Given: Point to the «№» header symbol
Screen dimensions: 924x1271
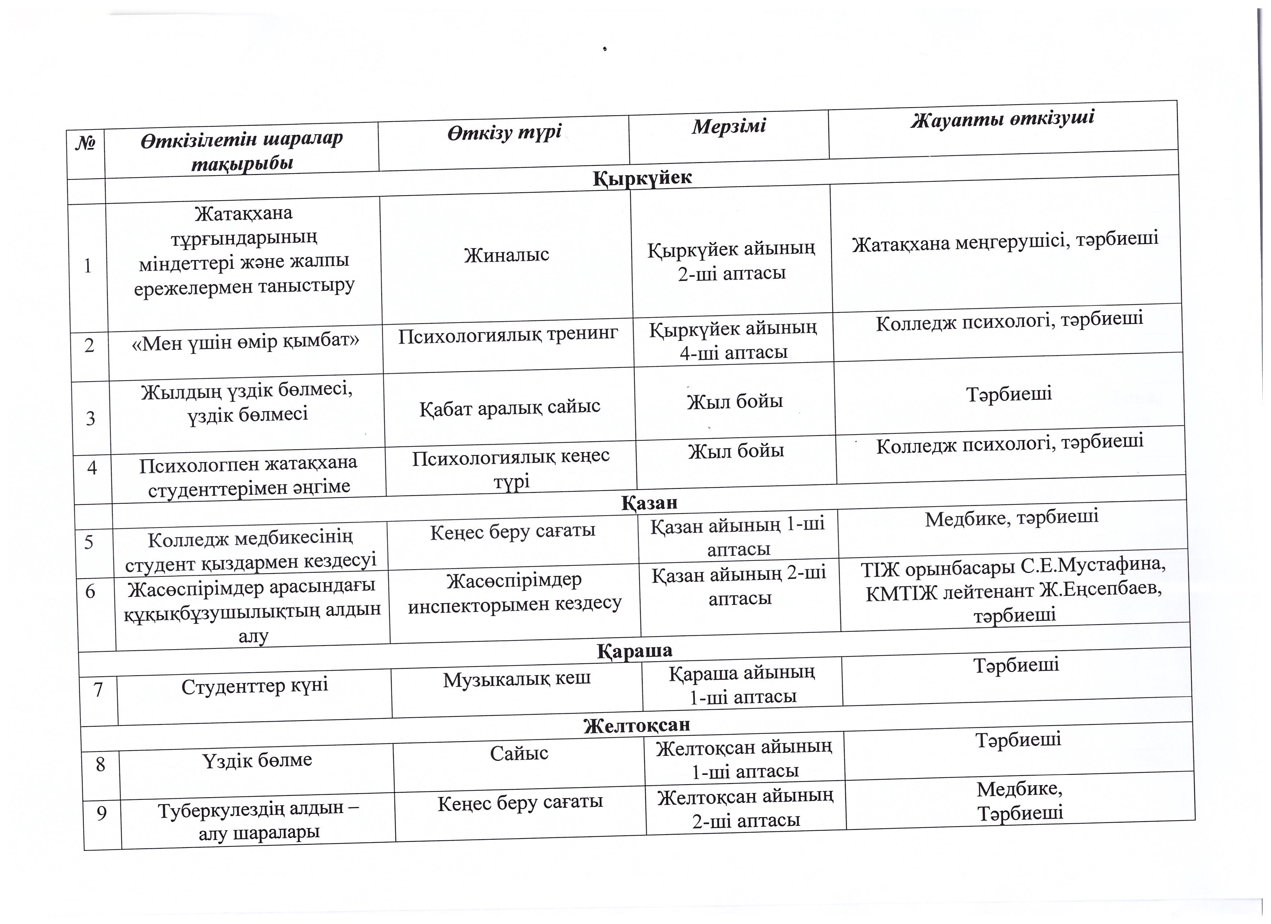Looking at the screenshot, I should [85, 143].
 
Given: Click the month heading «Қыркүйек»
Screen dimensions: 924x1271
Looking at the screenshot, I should [642, 178].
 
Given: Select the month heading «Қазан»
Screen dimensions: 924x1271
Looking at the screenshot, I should [649, 503].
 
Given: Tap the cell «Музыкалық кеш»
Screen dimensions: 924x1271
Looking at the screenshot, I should [517, 680].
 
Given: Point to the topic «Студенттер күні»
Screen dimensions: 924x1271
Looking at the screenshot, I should [255, 686].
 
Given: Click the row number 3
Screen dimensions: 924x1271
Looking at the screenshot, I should [90, 419].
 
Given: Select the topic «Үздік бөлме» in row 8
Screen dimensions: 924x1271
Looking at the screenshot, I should [257, 760].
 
